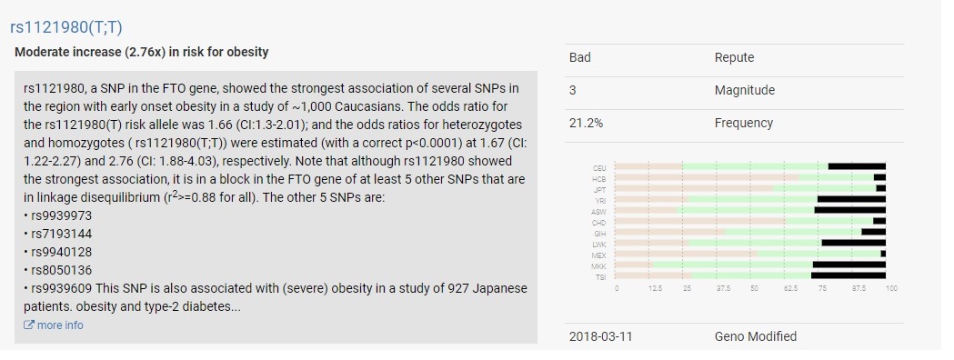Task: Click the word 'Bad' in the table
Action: coord(580,58)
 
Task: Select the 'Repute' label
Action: coord(734,58)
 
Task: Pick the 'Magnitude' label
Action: coord(744,90)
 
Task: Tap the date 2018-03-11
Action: coord(600,336)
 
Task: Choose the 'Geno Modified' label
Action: coord(755,336)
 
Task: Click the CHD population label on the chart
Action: coord(598,221)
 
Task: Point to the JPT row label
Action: coord(598,189)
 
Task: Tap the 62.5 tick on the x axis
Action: coord(790,288)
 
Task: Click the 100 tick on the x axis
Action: coord(890,288)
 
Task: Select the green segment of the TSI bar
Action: coord(751,275)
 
